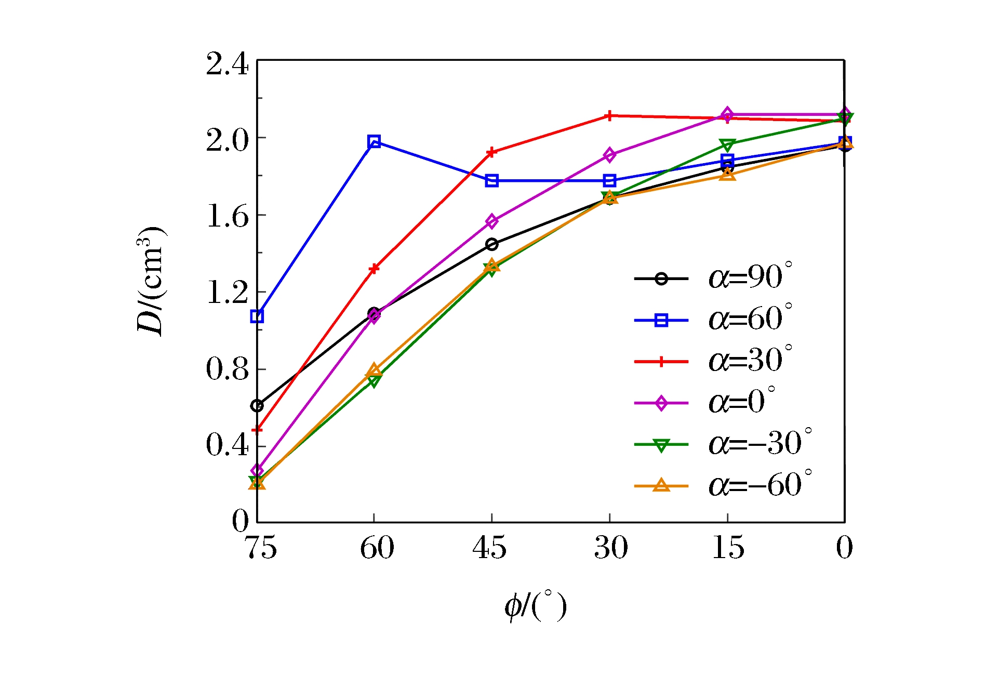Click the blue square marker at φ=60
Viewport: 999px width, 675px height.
[374, 141]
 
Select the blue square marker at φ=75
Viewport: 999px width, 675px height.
[257, 316]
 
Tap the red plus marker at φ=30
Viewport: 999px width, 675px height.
[609, 115]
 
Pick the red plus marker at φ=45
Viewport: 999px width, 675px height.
[491, 152]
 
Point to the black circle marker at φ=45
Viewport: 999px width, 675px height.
[491, 244]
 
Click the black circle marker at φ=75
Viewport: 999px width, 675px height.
[257, 405]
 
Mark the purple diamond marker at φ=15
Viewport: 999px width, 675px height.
[727, 114]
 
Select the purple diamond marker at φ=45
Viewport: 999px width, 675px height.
[491, 221]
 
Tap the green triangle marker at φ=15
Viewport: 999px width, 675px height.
[727, 144]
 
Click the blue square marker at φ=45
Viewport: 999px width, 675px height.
[491, 181]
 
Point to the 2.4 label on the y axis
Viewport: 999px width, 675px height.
[227, 65]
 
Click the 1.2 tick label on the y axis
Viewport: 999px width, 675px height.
[227, 293]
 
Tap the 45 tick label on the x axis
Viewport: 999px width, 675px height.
[489, 548]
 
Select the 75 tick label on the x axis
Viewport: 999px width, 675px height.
[260, 548]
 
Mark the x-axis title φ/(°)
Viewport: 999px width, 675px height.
[535, 606]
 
